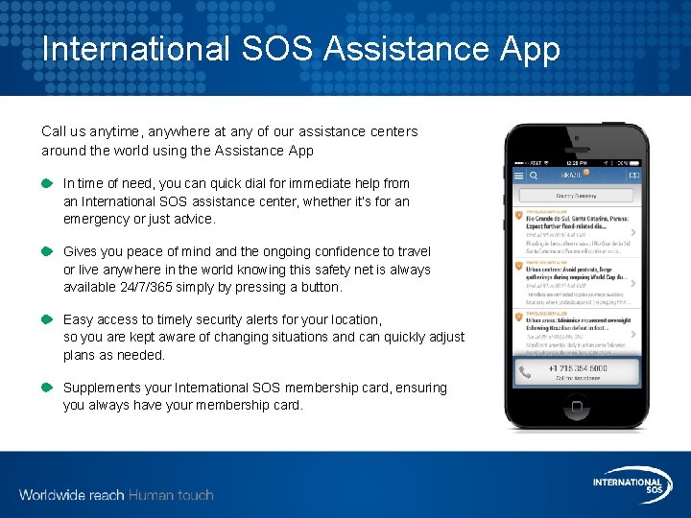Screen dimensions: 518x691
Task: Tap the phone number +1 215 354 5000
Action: coord(577,368)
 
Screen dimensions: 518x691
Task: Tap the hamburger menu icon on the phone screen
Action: coord(519,176)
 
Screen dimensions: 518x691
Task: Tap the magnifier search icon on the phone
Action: coord(534,176)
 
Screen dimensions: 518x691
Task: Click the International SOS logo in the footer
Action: coord(628,484)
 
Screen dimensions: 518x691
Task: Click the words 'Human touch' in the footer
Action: coord(171,495)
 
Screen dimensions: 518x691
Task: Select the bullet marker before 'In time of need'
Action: coord(47,183)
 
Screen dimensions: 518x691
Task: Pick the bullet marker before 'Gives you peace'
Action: coord(47,251)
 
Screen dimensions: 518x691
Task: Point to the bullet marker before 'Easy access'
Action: coord(47,319)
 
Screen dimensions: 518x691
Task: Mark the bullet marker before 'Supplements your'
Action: coord(47,388)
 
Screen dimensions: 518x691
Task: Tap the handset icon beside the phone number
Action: coord(525,371)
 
